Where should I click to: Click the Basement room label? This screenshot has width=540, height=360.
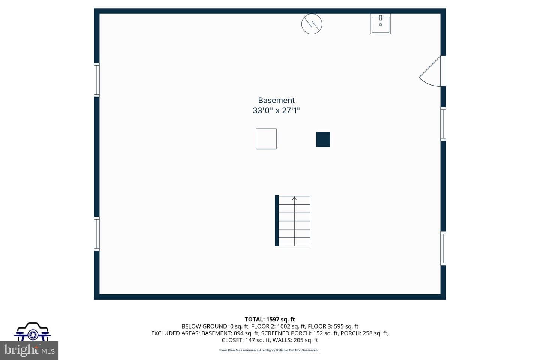pyautogui.click(x=276, y=100)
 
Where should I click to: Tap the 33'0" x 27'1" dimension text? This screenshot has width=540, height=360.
pyautogui.click(x=276, y=110)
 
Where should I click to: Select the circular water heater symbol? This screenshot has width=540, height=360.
pyautogui.click(x=312, y=24)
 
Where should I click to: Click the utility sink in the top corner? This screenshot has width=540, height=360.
pyautogui.click(x=380, y=24)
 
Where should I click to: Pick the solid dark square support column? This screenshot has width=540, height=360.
pyautogui.click(x=323, y=139)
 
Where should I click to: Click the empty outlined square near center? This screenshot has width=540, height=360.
pyautogui.click(x=266, y=139)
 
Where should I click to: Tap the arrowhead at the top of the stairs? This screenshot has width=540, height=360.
pyautogui.click(x=294, y=198)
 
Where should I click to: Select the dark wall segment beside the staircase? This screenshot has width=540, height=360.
pyautogui.click(x=277, y=220)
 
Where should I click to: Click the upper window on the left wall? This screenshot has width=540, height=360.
pyautogui.click(x=97, y=80)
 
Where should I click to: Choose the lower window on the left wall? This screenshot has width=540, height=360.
pyautogui.click(x=97, y=234)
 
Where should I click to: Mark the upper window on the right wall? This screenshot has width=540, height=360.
pyautogui.click(x=443, y=124)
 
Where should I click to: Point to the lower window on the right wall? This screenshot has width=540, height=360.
pyautogui.click(x=443, y=248)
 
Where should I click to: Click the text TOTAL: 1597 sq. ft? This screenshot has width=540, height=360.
pyautogui.click(x=270, y=319)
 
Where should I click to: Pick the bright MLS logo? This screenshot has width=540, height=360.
pyautogui.click(x=29, y=350)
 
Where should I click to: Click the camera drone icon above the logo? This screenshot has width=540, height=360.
pyautogui.click(x=33, y=331)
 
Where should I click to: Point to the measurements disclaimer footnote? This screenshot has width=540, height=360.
pyautogui.click(x=270, y=350)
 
